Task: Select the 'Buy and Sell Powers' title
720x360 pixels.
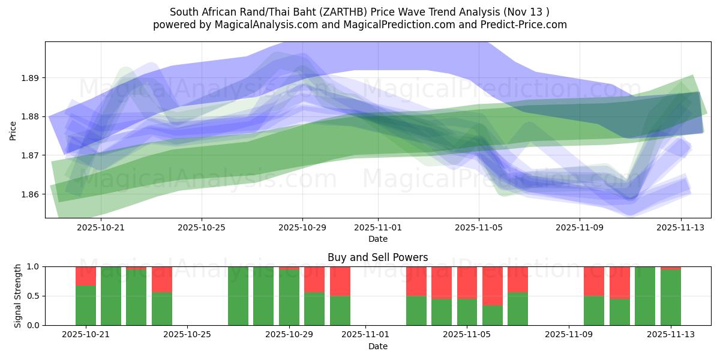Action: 377,257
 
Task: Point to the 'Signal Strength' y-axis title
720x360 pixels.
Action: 18,296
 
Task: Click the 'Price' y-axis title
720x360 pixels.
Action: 13,130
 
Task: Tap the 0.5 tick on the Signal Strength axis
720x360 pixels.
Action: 32,296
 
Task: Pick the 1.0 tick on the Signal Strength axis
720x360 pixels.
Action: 32,266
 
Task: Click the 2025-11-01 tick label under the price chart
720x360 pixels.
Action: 378,228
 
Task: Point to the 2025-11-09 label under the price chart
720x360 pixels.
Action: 579,228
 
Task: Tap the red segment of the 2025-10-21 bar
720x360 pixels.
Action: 86,276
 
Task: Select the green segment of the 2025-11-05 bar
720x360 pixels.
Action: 467,312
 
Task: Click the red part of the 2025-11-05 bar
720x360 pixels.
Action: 467,282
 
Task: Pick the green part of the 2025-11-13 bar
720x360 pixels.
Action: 670,298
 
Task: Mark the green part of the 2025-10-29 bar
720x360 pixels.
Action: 289,298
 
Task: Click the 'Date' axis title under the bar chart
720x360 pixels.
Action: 377,346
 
